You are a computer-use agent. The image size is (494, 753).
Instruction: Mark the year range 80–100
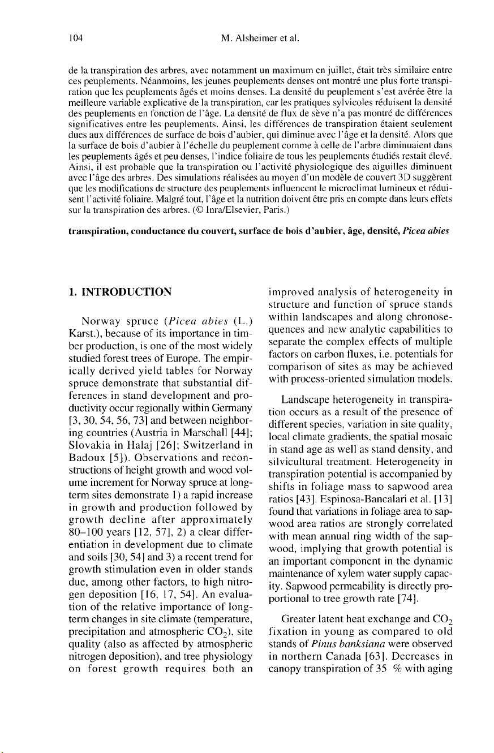click(84, 519)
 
